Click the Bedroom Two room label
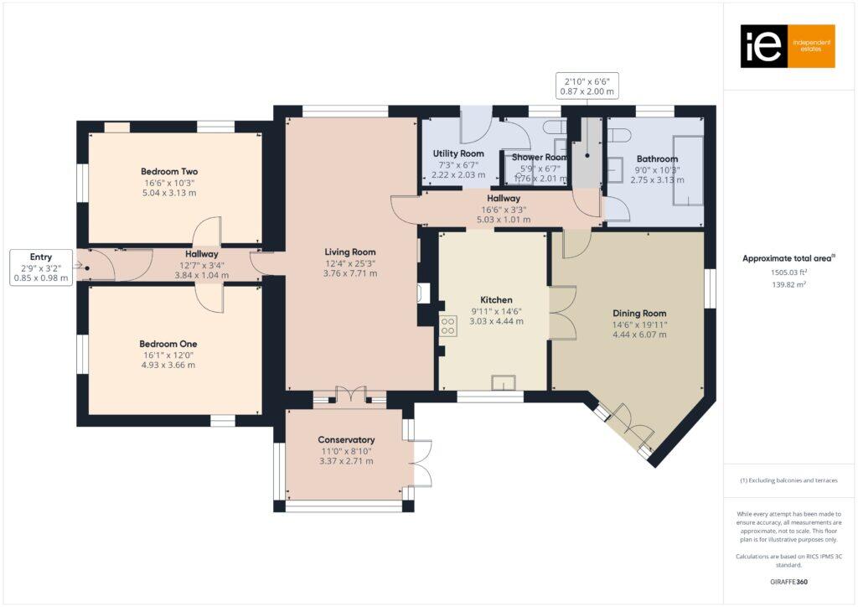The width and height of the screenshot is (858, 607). click(169, 171)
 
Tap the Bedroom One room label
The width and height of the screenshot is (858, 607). click(168, 344)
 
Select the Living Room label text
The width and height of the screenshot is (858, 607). click(350, 252)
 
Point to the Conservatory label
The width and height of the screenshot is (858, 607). click(346, 440)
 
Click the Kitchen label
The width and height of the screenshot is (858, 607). click(496, 299)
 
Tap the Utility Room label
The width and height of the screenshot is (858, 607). click(458, 153)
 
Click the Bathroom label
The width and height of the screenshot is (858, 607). click(657, 158)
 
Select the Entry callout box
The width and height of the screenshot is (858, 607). click(40, 267)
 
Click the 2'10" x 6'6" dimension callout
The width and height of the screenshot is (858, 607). click(587, 85)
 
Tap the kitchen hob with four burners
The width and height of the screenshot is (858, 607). click(448, 329)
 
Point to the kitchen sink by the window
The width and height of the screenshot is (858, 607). click(503, 383)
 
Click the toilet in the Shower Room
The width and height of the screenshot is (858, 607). click(553, 127)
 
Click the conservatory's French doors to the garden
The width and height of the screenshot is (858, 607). click(422, 464)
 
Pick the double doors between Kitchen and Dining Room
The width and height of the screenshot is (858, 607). click(563, 313)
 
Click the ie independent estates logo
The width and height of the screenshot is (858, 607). click(787, 46)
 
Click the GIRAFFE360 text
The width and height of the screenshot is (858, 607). click(788, 581)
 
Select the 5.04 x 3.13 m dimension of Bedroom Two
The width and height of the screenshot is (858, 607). click(169, 192)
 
